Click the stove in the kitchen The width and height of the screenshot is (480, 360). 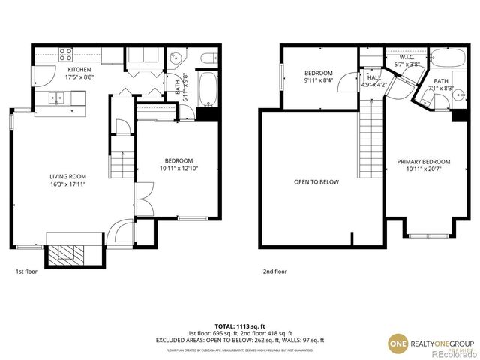[65, 55]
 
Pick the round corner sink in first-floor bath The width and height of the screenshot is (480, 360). [175, 58]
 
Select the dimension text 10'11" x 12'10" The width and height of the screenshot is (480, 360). [178, 168]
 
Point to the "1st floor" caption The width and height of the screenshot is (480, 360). [26, 271]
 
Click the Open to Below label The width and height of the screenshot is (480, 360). [316, 181]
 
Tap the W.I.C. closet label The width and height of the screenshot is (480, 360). [407, 57]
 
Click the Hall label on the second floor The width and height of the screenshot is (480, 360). [373, 77]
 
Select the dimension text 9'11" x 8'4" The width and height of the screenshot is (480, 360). [319, 79]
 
